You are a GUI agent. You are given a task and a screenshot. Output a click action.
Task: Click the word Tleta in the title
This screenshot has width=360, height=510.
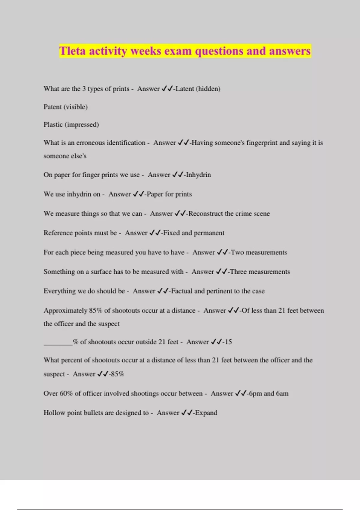pyautogui.click(x=72, y=51)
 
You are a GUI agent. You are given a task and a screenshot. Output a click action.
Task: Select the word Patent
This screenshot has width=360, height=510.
pyautogui.click(x=52, y=107)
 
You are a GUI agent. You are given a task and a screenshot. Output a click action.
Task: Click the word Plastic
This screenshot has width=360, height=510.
pyautogui.click(x=53, y=124)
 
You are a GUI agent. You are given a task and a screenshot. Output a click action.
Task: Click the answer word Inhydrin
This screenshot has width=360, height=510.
pyautogui.click(x=198, y=175)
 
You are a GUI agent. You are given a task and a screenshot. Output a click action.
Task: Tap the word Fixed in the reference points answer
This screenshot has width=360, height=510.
pyautogui.click(x=171, y=233)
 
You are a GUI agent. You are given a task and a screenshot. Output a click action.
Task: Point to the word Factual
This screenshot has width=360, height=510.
pyautogui.click(x=181, y=291)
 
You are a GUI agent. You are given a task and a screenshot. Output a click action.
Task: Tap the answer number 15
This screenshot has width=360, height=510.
pyautogui.click(x=228, y=342)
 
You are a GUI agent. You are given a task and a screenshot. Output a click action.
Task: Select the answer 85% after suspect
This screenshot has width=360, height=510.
pyautogui.click(x=117, y=374)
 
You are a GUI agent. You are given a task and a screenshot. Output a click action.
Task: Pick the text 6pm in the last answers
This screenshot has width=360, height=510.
pyautogui.click(x=255, y=394)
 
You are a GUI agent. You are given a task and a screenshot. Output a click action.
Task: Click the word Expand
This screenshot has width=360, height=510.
pyautogui.click(x=206, y=413)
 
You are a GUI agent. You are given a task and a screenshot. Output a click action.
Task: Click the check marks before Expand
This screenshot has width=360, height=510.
pyautogui.click(x=187, y=413)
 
